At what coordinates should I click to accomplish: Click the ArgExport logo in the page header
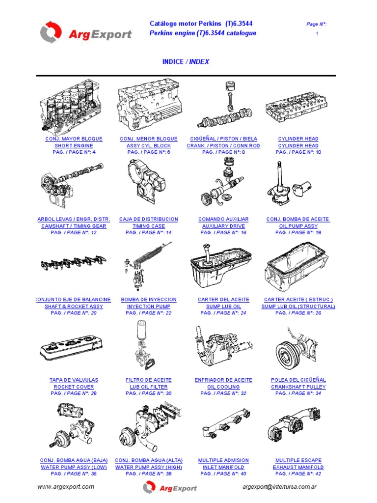click(85, 32)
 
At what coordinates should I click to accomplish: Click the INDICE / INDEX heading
click(186, 61)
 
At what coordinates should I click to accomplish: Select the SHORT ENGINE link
click(74, 145)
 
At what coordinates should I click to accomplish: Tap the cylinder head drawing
click(296, 108)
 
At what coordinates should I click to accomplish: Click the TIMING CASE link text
click(149, 226)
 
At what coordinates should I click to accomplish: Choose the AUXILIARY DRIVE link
click(223, 226)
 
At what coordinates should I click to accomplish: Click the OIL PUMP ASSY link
click(298, 226)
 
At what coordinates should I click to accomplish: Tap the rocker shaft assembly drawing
click(74, 263)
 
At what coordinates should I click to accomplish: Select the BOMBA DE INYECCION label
click(149, 300)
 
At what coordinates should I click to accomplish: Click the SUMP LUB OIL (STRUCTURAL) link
click(298, 307)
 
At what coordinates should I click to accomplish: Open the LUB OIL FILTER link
click(149, 387)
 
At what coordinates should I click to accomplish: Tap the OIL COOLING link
click(223, 387)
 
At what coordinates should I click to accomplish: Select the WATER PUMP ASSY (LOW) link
click(74, 468)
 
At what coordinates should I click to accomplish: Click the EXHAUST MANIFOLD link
click(298, 468)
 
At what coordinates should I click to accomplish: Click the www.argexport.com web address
click(66, 487)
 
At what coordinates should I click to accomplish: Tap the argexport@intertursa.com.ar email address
click(279, 487)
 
